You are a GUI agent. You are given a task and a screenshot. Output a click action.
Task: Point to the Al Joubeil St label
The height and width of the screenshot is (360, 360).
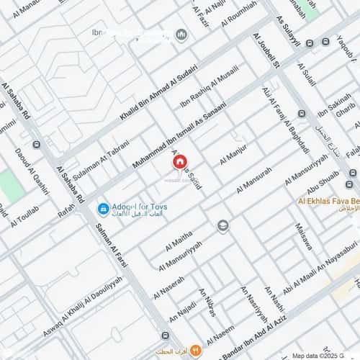point(266,50)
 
